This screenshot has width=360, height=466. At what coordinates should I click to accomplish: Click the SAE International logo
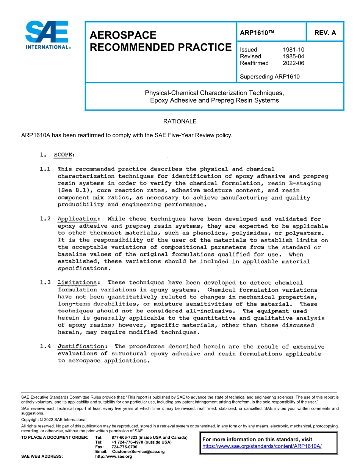tap(47, 35)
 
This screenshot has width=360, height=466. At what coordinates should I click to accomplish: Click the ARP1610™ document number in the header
tap(257, 33)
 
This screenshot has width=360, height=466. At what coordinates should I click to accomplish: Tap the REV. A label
tap(325, 33)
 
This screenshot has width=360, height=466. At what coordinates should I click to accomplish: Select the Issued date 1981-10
tap(293, 50)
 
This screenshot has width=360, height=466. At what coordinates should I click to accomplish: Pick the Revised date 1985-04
tap(293, 56)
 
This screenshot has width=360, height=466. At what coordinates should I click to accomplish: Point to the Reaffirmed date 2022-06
tap(293, 63)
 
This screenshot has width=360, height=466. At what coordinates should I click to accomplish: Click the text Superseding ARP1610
tap(269, 77)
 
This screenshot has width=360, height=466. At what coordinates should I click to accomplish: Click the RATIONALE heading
tap(180, 122)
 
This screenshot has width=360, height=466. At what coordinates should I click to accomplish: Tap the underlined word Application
tap(77, 219)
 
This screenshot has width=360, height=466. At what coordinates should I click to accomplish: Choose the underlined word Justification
tap(81, 346)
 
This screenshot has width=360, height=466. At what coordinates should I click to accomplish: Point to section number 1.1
tap(45, 169)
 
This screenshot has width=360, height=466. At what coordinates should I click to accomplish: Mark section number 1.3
tap(45, 283)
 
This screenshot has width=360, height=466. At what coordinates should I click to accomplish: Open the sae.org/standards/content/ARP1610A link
tap(262, 446)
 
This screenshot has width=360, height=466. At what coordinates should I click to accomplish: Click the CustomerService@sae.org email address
tap(138, 452)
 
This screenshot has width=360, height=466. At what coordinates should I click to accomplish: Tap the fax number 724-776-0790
tap(124, 447)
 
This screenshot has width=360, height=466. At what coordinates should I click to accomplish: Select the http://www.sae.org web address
tap(113, 457)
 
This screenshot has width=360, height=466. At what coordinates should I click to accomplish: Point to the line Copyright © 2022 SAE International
tap(54, 420)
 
